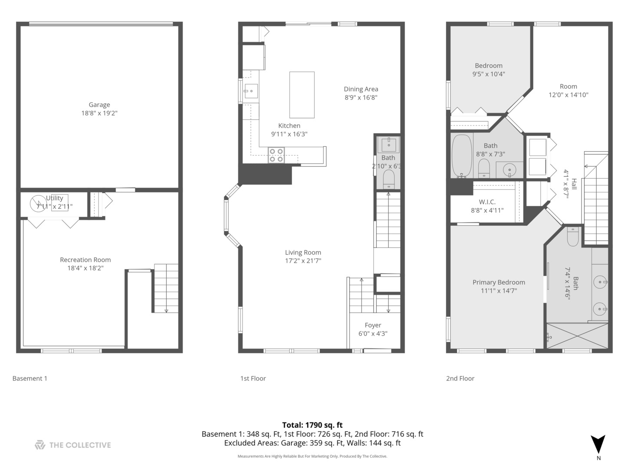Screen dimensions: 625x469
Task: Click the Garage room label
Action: point(99,105)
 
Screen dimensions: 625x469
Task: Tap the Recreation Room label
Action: point(85,260)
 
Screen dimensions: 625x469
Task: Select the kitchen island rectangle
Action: point(302,95)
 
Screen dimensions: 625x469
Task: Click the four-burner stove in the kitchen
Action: point(276,155)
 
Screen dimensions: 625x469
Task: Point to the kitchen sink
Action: point(251,91)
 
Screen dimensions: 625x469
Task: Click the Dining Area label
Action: point(361,89)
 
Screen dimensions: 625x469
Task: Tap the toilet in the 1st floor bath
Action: point(388,179)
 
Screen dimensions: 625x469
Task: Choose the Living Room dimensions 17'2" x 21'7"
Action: point(303,261)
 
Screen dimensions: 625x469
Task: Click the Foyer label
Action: point(373,325)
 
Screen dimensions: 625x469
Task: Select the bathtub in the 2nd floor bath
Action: point(461,156)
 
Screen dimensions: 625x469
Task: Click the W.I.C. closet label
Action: point(487,202)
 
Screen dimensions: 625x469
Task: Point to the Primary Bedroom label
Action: point(499,282)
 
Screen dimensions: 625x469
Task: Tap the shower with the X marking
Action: point(577,336)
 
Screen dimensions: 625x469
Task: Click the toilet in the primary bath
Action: point(572,237)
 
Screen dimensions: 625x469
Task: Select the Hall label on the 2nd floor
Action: point(574,184)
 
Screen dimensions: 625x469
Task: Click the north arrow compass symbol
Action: point(598,445)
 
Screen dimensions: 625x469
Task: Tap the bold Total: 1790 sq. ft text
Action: point(312,425)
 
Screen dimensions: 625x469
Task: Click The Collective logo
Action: point(73,445)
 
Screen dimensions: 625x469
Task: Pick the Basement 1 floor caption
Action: point(30,378)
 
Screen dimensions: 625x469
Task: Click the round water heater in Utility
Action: point(38,204)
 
